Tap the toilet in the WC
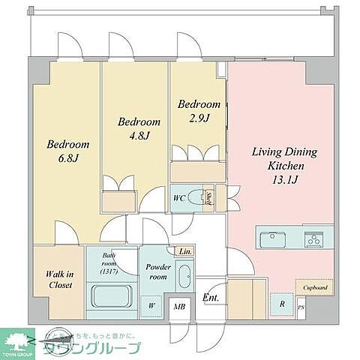pos(197,199)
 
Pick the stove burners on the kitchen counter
pos(313,239)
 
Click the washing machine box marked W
pos(151,305)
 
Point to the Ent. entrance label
pos(211,298)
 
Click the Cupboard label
pos(315,287)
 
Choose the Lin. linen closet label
pos(185,251)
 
